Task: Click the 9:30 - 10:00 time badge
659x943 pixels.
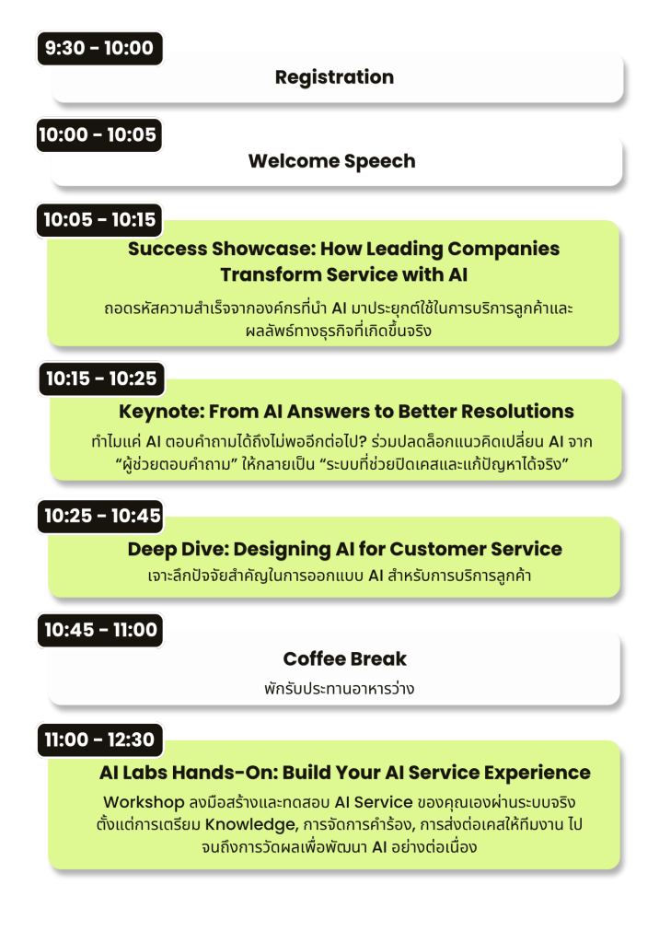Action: (99, 48)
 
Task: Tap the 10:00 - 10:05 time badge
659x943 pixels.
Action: (98, 134)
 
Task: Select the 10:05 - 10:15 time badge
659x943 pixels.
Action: (99, 220)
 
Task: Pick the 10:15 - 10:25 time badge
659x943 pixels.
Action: (101, 378)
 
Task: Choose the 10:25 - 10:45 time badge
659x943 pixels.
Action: (100, 516)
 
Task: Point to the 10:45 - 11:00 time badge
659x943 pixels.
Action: (99, 630)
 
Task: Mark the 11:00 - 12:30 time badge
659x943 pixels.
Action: (99, 739)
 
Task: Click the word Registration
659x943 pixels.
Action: (334, 77)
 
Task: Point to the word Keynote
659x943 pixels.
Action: (161, 412)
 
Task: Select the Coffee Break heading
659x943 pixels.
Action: (345, 659)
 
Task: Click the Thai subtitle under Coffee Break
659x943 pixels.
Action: (339, 688)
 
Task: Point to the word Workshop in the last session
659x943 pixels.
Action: (144, 803)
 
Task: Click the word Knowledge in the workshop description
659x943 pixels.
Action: (250, 825)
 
